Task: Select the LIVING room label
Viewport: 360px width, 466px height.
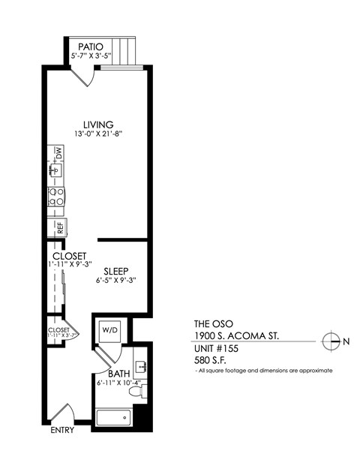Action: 98,125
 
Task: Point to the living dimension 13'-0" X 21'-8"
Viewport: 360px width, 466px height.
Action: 98,134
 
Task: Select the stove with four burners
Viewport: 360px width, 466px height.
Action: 56,197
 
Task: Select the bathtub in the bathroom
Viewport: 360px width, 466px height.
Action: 114,417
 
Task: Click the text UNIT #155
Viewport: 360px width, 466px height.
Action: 218,349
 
